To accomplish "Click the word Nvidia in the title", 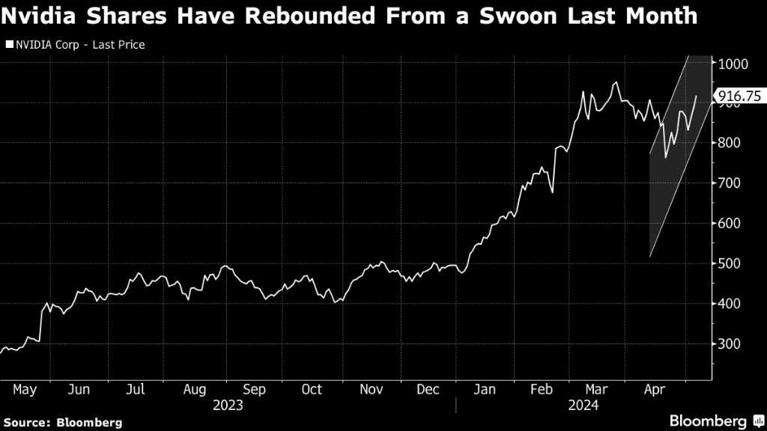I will coord(46,16).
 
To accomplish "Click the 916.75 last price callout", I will coord(735,96).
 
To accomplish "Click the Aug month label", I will coord(194,390).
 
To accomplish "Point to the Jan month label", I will coord(485,390).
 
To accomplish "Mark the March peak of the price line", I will coord(616,82).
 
